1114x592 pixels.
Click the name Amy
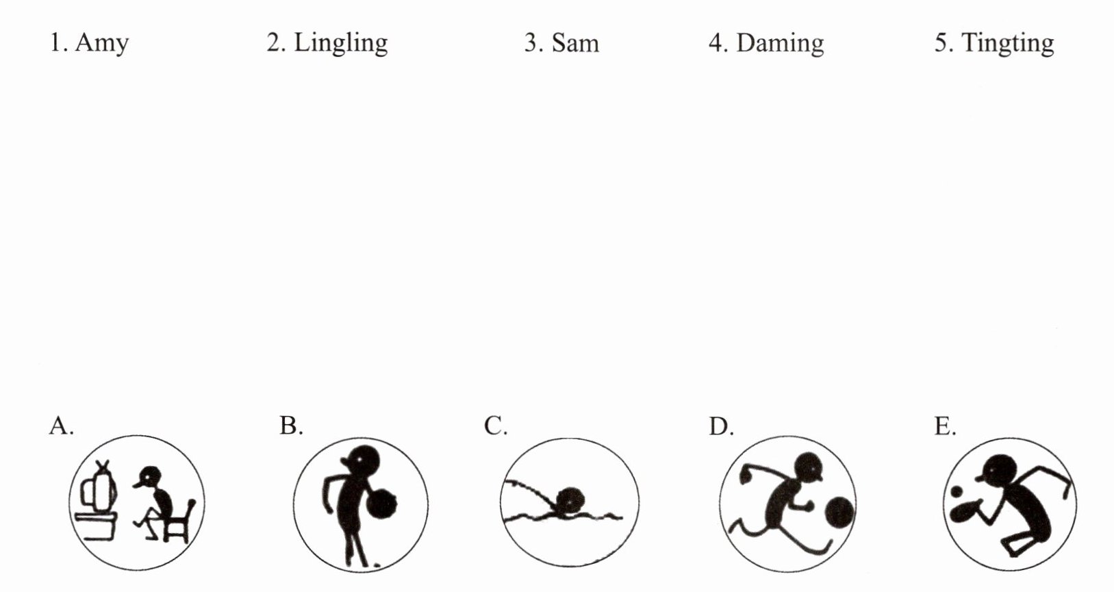pos(101,43)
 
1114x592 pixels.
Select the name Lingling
pos(340,43)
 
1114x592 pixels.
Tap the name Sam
pos(574,43)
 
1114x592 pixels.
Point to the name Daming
pos(779,43)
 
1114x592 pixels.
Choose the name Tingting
pos(1007,43)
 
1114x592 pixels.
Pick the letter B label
pos(290,426)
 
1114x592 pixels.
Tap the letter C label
pos(494,426)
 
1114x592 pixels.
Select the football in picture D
pos(839,513)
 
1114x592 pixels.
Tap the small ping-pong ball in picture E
pos(956,491)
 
